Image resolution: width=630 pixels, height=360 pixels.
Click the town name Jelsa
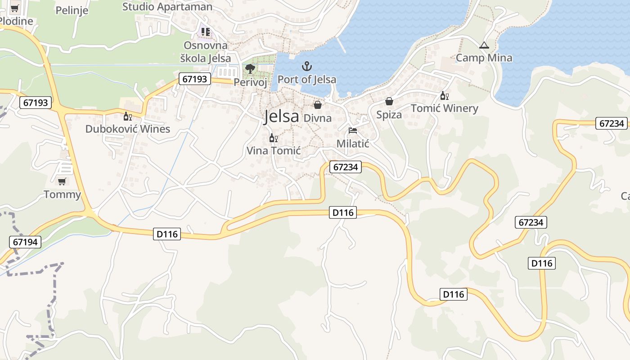coord(281,117)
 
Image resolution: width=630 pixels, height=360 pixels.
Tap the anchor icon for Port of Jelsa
coord(307,67)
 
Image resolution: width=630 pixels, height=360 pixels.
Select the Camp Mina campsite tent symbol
coord(484,45)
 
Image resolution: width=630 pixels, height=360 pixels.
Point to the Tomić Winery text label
coord(445,108)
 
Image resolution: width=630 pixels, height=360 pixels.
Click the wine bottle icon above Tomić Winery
coord(444,95)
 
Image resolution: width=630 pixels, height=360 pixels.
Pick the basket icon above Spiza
coord(389,102)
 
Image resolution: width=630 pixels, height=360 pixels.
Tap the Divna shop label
coord(318,118)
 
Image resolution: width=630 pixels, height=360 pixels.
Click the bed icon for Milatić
coord(353,131)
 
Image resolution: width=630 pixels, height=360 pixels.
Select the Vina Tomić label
coord(274,151)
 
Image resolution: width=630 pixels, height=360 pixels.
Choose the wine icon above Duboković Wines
coord(128,117)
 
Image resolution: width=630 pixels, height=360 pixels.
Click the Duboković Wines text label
coord(128,129)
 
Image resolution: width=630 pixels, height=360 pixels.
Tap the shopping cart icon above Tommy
coord(62,181)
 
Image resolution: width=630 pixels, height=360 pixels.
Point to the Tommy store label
coord(62,195)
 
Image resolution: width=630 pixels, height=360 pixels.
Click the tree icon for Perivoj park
coord(250,69)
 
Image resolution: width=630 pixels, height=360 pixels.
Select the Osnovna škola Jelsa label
coord(206,52)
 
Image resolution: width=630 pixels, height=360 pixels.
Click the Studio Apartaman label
coord(167,7)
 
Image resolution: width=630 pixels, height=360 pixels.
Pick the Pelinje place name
coord(72,10)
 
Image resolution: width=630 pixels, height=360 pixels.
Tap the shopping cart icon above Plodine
coord(15,8)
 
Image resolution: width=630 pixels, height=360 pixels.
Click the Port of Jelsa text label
coord(307,80)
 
